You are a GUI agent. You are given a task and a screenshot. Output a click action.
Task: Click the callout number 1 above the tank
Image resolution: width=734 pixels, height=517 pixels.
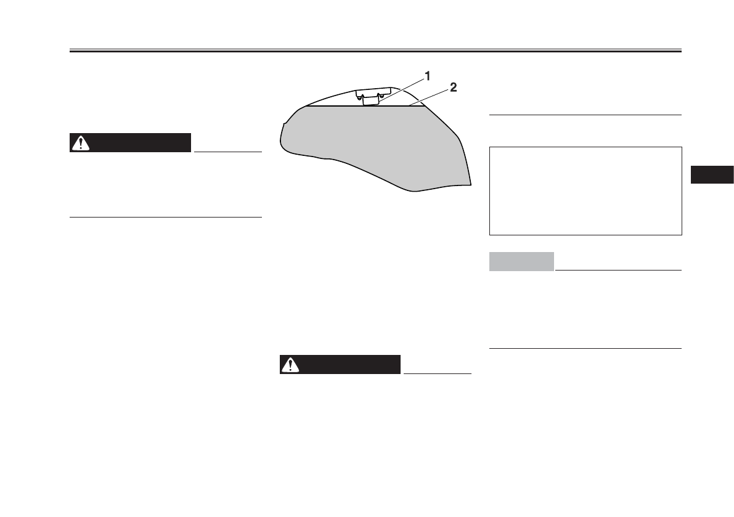427,76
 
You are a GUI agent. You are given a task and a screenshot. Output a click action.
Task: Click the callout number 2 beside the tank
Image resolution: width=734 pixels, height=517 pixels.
453,88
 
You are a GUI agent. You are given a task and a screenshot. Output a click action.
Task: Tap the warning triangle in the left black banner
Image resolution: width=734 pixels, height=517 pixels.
81,143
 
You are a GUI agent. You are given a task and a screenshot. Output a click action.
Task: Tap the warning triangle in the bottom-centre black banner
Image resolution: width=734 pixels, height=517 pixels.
290,364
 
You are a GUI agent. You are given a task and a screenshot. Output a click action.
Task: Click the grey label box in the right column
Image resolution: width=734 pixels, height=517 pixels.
521,261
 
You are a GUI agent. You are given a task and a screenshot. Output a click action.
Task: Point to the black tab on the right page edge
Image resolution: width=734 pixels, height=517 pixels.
712,174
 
